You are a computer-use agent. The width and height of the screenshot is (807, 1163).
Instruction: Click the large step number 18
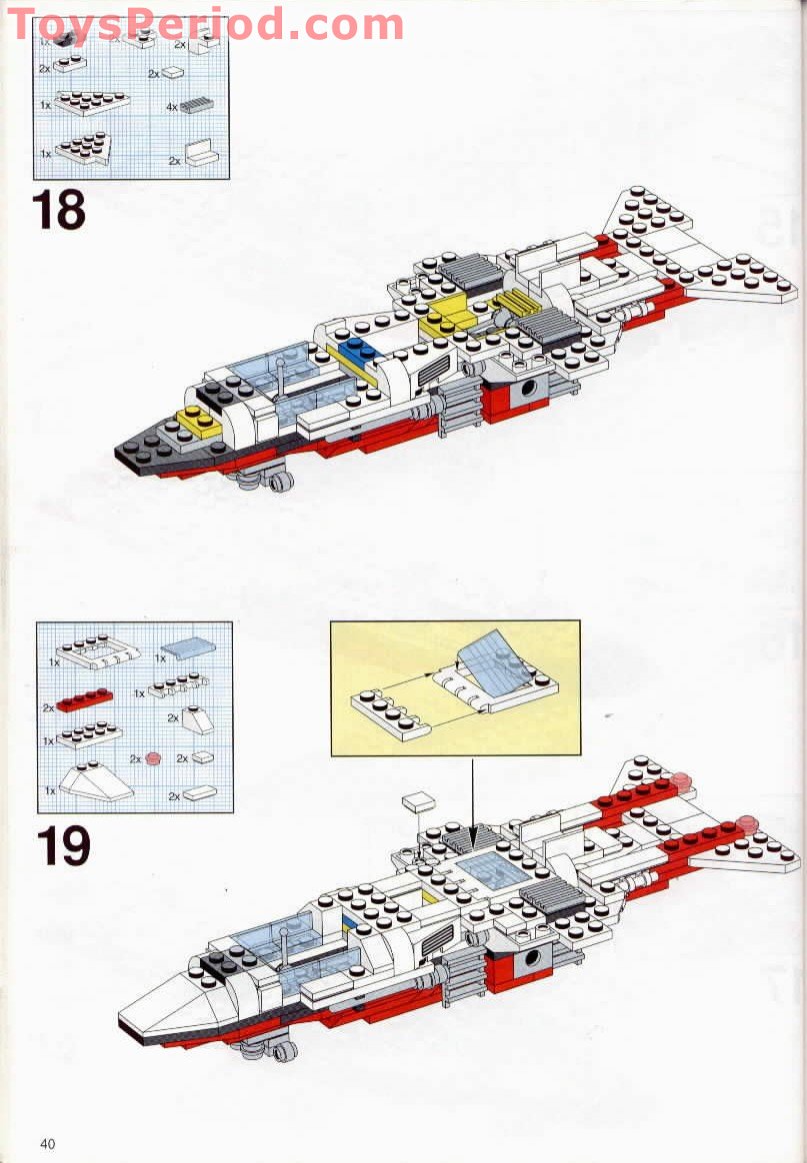click(58, 210)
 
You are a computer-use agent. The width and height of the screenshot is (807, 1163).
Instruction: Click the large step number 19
click(63, 846)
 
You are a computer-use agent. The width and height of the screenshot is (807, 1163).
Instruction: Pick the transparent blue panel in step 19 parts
click(183, 648)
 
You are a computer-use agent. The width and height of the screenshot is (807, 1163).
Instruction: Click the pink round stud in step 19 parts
click(153, 758)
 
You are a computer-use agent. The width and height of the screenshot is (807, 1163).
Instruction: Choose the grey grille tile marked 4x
click(198, 104)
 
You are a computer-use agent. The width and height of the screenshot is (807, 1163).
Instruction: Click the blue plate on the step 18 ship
click(354, 351)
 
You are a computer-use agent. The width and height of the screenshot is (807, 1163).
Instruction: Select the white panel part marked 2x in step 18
click(199, 152)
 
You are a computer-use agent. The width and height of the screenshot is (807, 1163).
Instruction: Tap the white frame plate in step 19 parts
click(97, 650)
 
